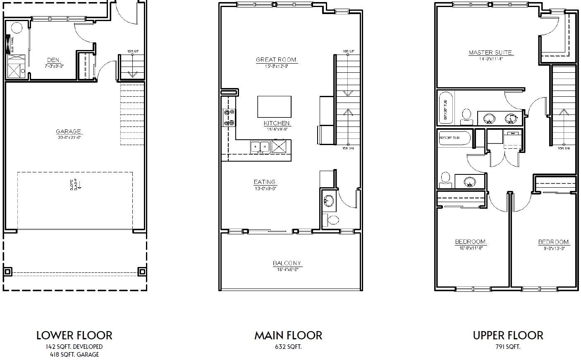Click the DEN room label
(x=54, y=60)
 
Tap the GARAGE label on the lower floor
(x=69, y=132)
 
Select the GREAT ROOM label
(x=277, y=60)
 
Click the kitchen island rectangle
(x=274, y=107)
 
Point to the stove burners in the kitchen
(x=229, y=117)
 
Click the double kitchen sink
(x=260, y=147)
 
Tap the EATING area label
(x=265, y=182)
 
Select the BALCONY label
(x=287, y=263)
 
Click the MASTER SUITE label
(x=491, y=53)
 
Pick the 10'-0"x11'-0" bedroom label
(x=471, y=242)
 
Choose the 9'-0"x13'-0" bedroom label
(x=554, y=242)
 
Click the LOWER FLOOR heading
(x=74, y=335)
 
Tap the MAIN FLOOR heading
(x=288, y=335)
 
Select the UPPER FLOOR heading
(x=508, y=335)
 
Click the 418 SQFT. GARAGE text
(x=74, y=354)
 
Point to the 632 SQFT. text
(x=288, y=347)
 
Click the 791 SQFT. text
(x=508, y=347)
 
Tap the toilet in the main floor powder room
(x=332, y=219)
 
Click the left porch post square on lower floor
(x=7, y=272)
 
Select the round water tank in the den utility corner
(x=17, y=28)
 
